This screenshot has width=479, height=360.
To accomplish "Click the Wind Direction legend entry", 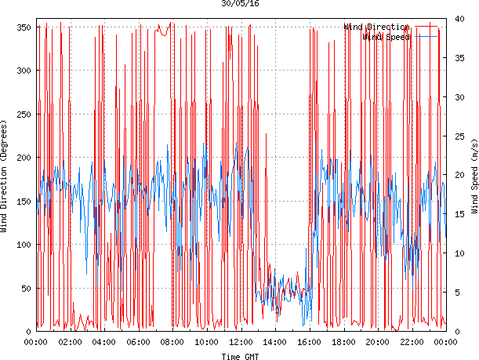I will point(376,27).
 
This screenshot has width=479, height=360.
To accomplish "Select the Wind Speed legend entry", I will point(387,37).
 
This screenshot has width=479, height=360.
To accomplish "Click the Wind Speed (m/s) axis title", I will point(474,179).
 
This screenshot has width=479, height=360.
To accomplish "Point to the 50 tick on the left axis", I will point(26,289).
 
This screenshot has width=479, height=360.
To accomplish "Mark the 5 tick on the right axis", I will point(457,293).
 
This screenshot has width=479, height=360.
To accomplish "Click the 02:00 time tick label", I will point(70,342).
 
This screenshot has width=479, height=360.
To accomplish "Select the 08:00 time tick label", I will point(172,342).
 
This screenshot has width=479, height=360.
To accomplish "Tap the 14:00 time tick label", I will point(275,342).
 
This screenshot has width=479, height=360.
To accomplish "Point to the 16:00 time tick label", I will point(310,342).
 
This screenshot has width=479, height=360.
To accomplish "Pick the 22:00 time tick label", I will point(412,342).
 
